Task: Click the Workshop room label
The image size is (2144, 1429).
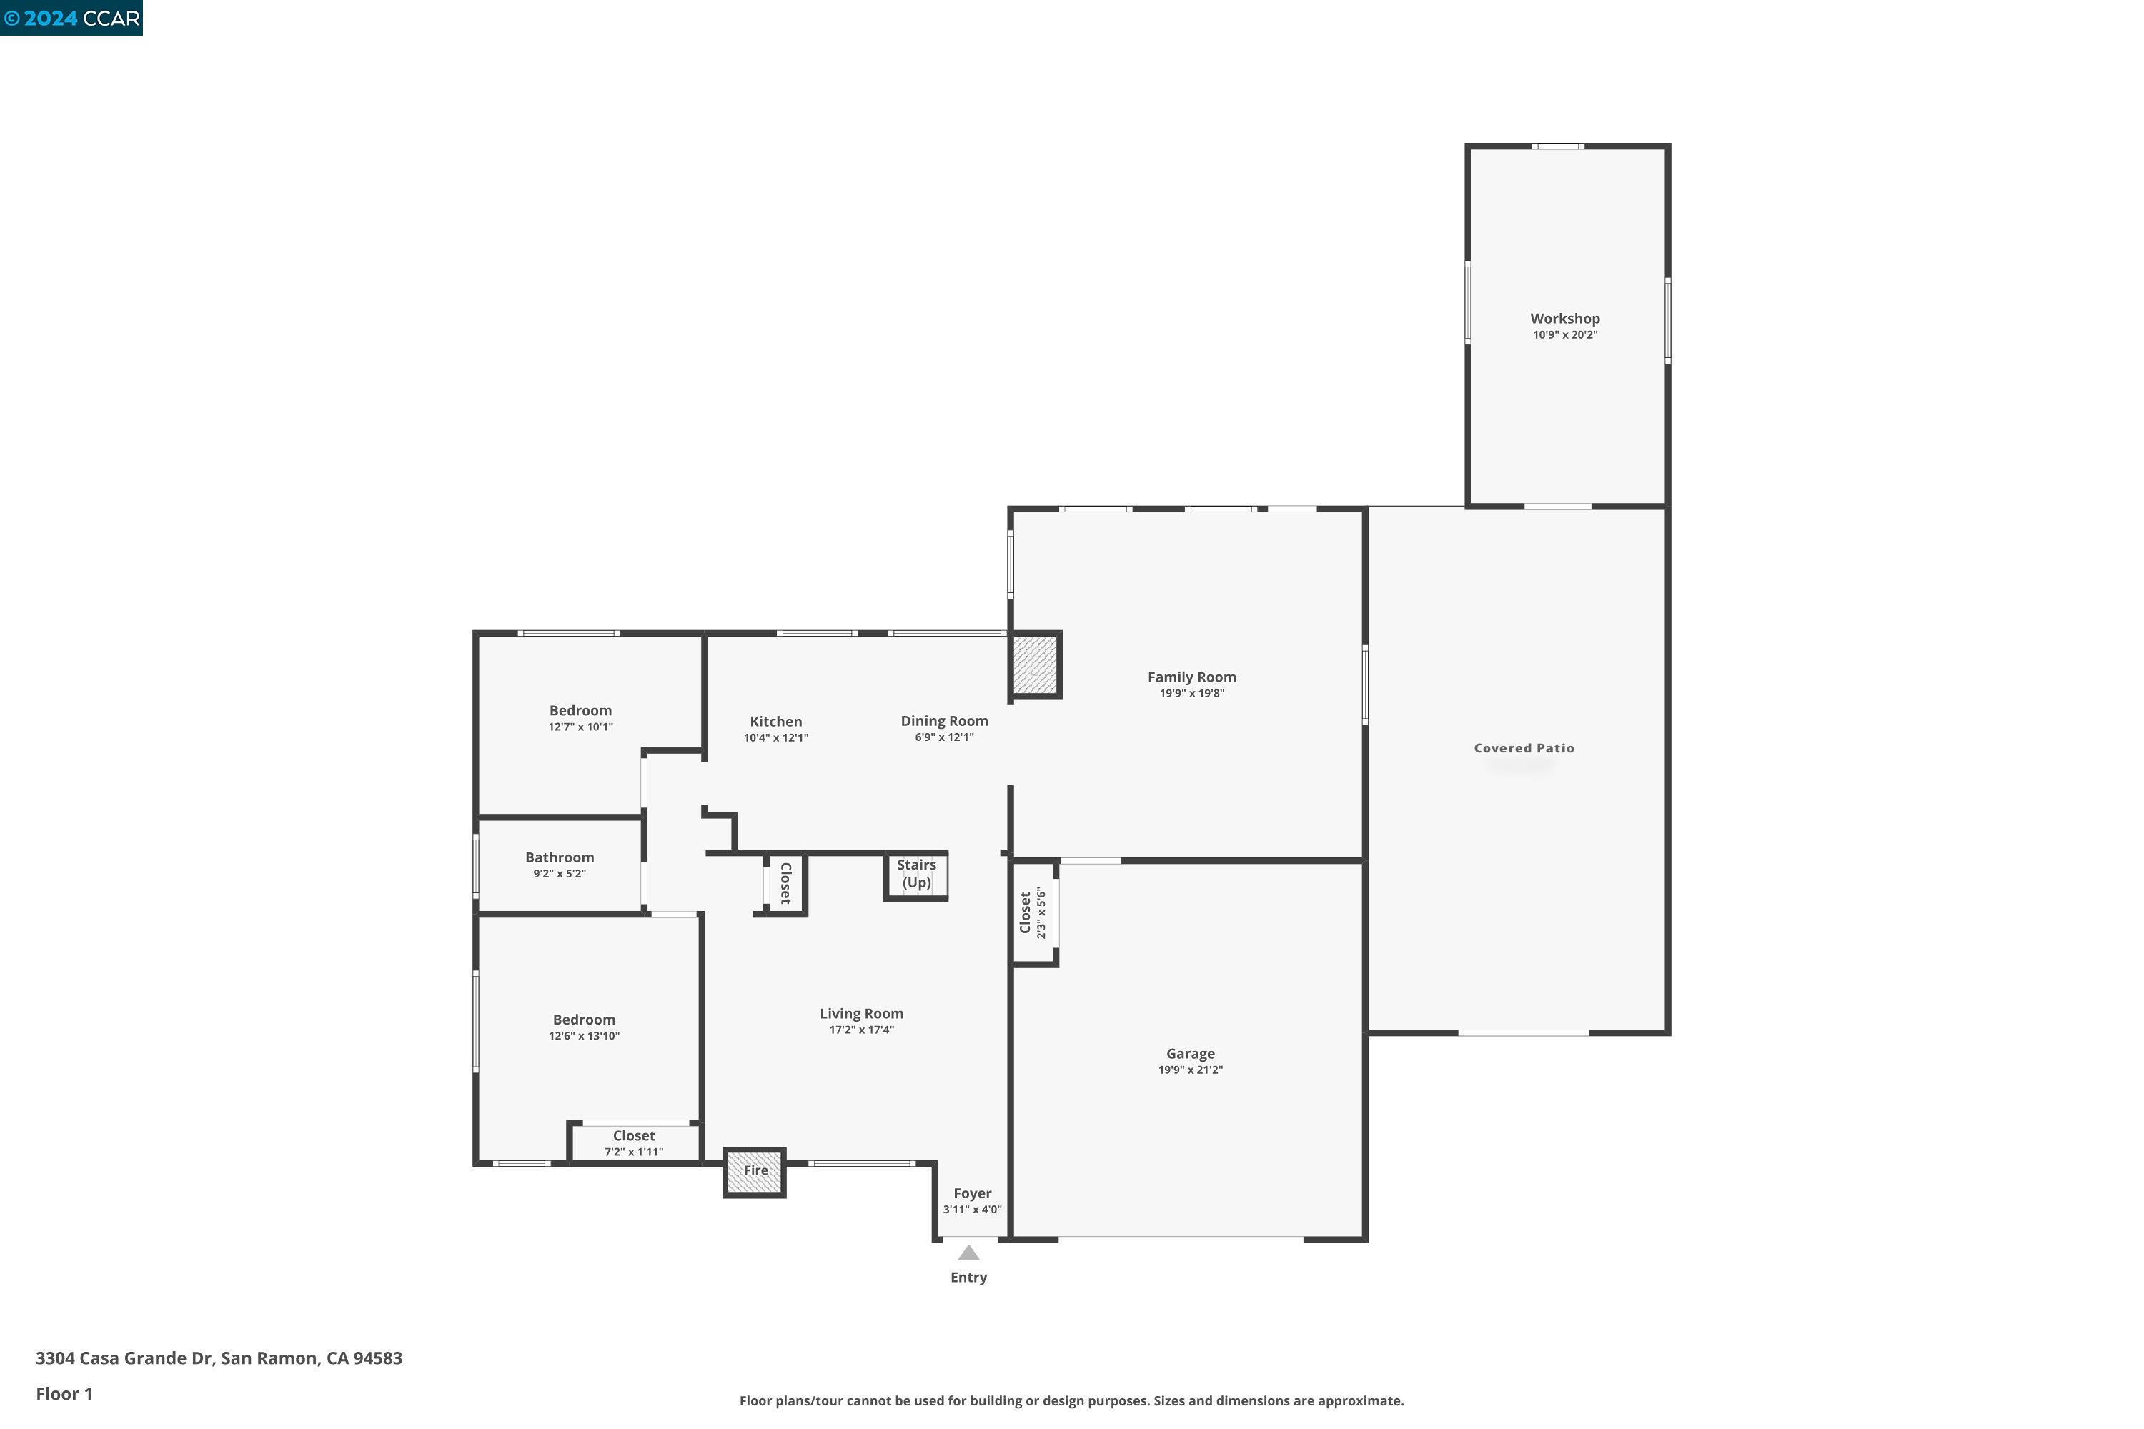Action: tap(1564, 318)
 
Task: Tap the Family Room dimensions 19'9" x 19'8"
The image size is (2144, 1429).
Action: tap(1191, 694)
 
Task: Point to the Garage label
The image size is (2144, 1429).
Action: tap(1190, 1053)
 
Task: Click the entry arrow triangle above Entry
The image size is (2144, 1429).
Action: tap(968, 1254)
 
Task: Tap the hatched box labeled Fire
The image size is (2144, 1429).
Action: tap(755, 1171)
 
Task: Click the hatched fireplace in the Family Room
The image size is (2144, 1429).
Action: tap(1036, 665)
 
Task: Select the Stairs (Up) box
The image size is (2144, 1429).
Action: tap(915, 875)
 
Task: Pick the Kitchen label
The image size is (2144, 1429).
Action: tap(775, 722)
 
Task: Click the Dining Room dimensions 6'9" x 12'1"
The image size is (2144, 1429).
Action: tap(943, 737)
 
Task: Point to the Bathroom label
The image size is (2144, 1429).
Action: tap(560, 857)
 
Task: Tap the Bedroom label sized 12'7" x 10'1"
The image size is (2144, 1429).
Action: tap(580, 711)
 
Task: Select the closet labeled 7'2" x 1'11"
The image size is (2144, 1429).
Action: tap(633, 1142)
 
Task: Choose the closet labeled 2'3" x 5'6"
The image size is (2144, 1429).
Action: tap(1033, 913)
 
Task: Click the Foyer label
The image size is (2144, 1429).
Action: tap(972, 1194)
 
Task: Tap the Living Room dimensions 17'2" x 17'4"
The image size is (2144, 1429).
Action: tap(860, 1030)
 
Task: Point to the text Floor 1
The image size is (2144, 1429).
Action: tap(64, 1393)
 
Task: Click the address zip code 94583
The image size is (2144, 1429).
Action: tap(377, 1358)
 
